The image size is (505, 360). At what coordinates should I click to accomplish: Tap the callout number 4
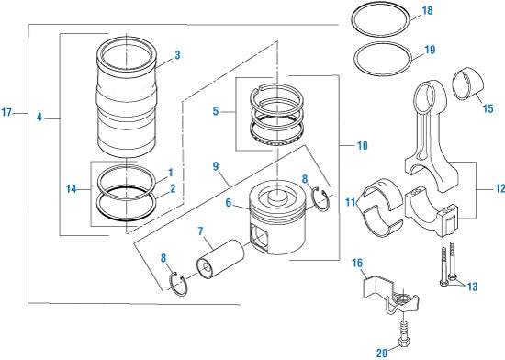point(39,117)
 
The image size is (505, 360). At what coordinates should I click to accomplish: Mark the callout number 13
point(473,287)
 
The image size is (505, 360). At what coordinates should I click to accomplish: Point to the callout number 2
point(171,189)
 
